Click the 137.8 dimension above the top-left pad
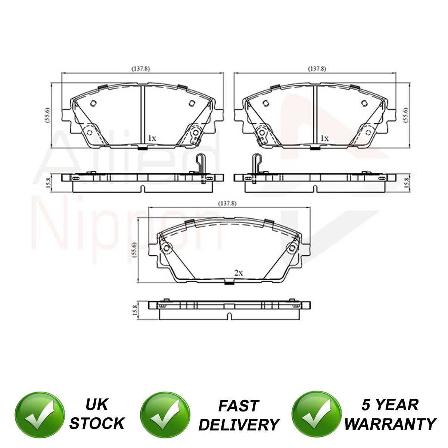click(x=141, y=69)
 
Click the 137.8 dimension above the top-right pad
click(x=317, y=69)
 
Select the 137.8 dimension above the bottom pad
click(x=227, y=204)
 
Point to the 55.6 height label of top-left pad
click(x=47, y=115)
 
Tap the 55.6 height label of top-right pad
click(x=405, y=115)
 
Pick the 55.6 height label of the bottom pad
click(x=134, y=250)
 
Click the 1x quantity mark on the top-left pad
click(x=152, y=139)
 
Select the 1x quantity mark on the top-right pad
click(x=324, y=139)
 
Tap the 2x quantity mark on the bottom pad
click(x=239, y=273)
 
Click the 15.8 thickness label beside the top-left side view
click(x=48, y=183)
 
